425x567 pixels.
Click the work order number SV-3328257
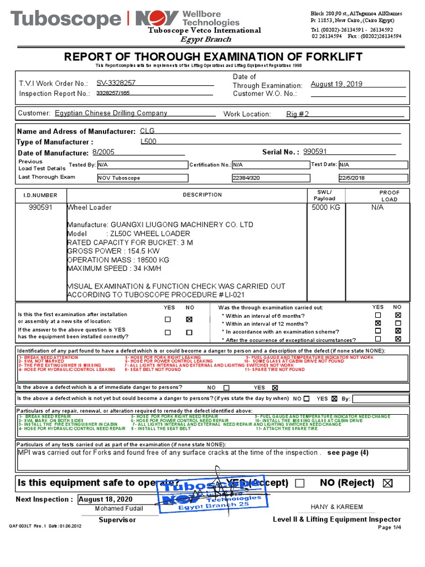coord(116,83)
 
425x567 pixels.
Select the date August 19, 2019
coord(336,84)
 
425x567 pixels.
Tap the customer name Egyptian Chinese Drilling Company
coord(111,114)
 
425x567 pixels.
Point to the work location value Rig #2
coord(298,114)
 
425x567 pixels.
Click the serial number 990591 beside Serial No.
coord(315,152)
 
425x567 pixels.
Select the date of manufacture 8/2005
coord(103,152)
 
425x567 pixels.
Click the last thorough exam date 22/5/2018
coord(351,178)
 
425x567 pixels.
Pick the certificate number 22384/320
coord(246,178)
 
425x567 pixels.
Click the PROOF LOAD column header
coord(389,195)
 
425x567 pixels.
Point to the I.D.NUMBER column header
coord(40,195)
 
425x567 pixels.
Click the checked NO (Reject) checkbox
coord(387,483)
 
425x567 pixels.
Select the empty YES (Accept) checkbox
coord(300,483)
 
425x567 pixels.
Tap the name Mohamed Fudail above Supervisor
coord(119,508)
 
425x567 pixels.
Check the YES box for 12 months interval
coord(378,323)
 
